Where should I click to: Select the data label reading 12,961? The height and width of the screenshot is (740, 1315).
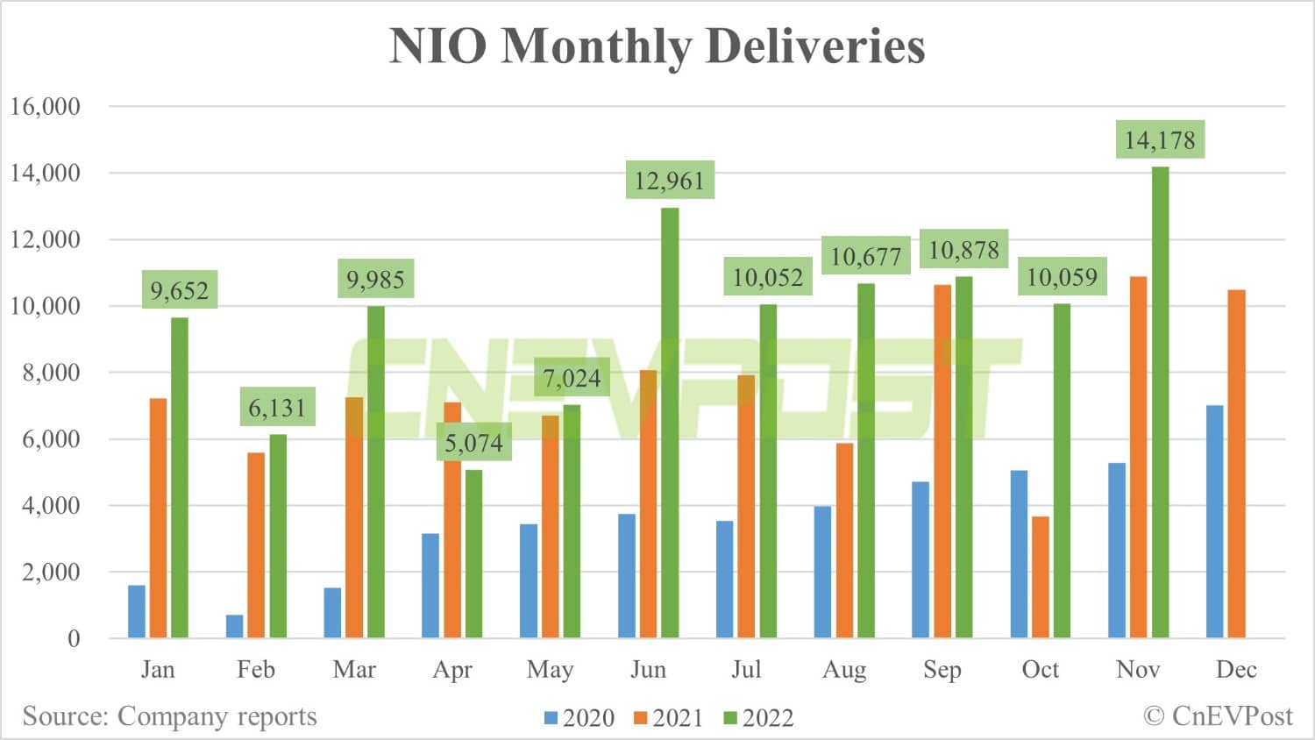670,181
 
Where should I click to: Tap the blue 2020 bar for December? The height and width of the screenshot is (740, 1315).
1215,521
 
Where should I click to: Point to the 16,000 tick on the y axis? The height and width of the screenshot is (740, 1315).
45,107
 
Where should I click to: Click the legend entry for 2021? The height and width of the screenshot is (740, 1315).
668,718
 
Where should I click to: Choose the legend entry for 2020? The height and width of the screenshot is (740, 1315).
579,718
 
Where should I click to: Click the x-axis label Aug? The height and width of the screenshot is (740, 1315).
844,670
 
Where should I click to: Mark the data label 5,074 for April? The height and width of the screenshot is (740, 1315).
473,443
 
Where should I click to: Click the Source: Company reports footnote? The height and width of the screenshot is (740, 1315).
169,716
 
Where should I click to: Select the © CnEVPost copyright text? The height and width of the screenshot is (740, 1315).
1217,716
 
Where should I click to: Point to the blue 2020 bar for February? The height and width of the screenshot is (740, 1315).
235,626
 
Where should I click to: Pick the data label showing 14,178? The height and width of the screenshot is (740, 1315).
1160,140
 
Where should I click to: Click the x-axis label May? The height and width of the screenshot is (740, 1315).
550,670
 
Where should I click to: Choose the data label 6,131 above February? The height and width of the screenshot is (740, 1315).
277,408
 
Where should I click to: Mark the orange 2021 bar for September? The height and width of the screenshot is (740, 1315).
942,461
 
